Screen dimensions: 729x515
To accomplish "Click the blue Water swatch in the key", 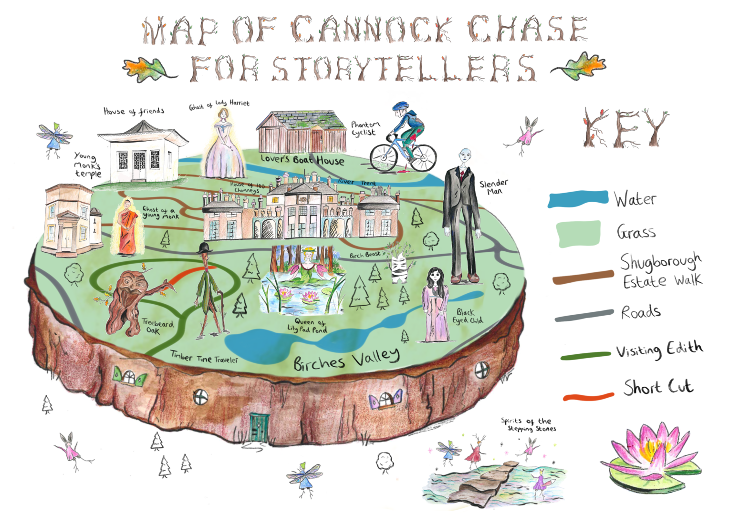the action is [x=578, y=199].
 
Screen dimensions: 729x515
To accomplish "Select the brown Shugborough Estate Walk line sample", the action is [x=583, y=277].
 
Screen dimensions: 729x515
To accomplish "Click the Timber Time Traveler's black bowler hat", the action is [x=205, y=247].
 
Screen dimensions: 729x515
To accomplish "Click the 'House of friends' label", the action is [x=134, y=112].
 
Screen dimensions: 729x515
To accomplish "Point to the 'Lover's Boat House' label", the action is [x=302, y=160].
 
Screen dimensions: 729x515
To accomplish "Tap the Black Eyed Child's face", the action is [x=434, y=276].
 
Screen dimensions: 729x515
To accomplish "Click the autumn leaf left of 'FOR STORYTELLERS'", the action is [x=146, y=69].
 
